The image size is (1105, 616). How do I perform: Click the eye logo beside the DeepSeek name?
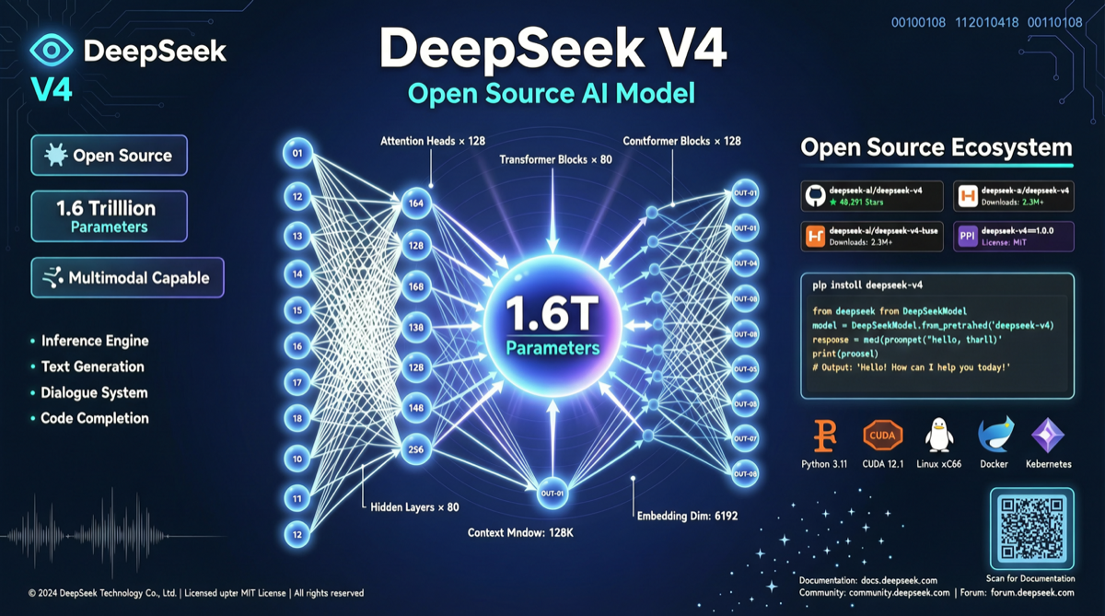tap(51, 52)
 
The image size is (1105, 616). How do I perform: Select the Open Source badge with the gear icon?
tap(109, 156)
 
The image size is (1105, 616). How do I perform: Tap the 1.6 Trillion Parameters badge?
tap(109, 216)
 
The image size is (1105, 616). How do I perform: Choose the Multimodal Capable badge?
tap(127, 277)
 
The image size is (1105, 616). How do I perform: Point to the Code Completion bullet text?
tap(94, 418)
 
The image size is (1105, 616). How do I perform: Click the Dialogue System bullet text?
tap(94, 392)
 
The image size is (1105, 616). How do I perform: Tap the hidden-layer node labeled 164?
tap(416, 203)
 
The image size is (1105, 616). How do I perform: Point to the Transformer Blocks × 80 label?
tap(555, 159)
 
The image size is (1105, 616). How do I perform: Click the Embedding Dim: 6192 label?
tap(687, 516)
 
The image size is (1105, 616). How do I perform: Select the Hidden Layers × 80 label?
tap(413, 506)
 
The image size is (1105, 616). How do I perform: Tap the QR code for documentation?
tap(1030, 530)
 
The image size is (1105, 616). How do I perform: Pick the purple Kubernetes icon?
tap(1048, 434)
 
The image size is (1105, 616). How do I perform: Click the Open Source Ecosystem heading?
tap(936, 147)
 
